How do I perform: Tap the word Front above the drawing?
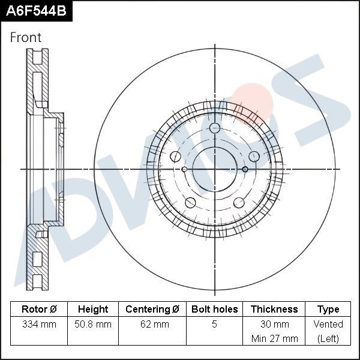(26, 37)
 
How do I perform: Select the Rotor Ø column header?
(39, 310)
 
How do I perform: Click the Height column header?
(93, 310)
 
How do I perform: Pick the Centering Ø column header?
(152, 310)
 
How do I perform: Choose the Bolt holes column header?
(214, 310)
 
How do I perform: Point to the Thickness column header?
(274, 310)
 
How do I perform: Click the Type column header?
(328, 310)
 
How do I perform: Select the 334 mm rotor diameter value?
(39, 325)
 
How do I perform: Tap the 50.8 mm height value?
(93, 325)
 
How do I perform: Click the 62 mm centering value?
(152, 325)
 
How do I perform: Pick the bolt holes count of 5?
(214, 325)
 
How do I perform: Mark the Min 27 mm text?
(274, 338)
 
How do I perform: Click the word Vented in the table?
(328, 325)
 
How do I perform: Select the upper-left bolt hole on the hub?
(176, 157)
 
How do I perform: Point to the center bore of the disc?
(215, 169)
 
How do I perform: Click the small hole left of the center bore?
(184, 169)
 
